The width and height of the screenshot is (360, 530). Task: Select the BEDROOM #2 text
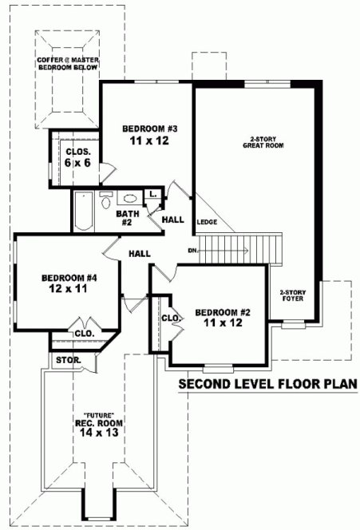[x=223, y=312]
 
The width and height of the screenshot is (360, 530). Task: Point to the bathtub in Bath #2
[x=83, y=211]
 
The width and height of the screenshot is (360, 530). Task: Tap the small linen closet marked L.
[x=152, y=194]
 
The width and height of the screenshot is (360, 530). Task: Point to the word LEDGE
[x=208, y=221]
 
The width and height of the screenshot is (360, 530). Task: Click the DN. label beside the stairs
[x=193, y=250]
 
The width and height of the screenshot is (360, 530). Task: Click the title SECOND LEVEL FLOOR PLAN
[x=267, y=384]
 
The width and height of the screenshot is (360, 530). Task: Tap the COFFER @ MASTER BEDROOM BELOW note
[x=67, y=64]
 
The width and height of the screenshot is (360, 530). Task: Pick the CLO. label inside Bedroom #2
[x=170, y=318]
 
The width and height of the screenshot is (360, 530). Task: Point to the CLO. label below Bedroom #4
[x=85, y=334]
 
